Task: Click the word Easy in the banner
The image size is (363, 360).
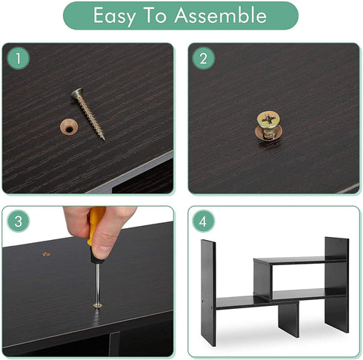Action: (x=114, y=16)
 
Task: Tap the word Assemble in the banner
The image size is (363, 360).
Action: (x=221, y=15)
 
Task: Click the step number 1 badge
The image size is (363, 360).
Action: (x=18, y=59)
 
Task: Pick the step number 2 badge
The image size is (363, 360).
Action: (x=204, y=59)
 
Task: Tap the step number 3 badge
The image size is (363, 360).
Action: (x=18, y=221)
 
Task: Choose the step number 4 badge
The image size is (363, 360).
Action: (x=204, y=221)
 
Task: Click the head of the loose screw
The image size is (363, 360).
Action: (x=76, y=93)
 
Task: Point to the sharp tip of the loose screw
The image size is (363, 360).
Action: (x=104, y=139)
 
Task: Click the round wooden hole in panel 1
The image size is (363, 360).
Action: (x=69, y=127)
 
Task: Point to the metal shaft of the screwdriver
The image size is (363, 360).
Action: (x=98, y=283)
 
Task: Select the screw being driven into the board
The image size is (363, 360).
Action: (x=98, y=306)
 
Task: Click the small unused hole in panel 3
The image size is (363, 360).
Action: (x=46, y=254)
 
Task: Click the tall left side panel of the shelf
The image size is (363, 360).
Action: (x=208, y=293)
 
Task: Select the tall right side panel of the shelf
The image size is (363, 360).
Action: (x=336, y=284)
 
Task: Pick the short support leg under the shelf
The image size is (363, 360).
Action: (x=289, y=320)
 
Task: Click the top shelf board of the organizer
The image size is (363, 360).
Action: (x=300, y=261)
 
